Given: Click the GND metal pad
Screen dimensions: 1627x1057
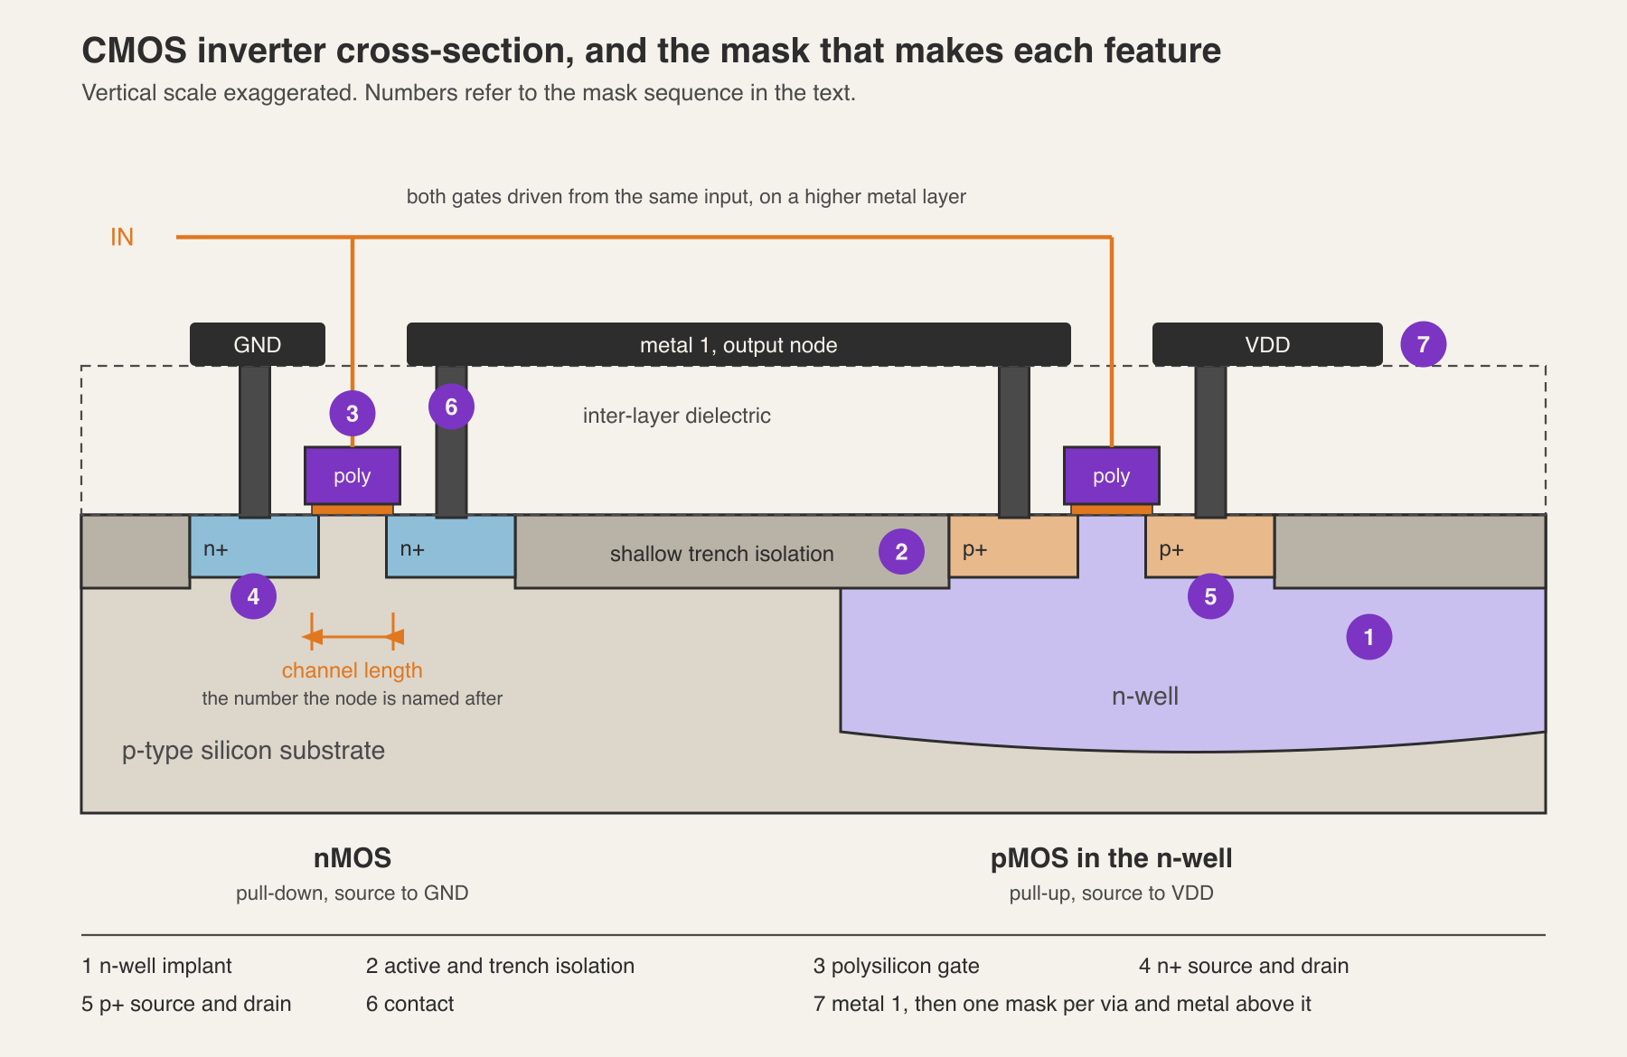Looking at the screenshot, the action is point(258,344).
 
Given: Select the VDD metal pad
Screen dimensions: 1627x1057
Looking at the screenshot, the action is point(1267,344).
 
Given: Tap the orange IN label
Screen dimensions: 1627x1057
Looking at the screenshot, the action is point(122,237).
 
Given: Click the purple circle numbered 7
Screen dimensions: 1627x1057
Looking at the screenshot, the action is point(1424,344).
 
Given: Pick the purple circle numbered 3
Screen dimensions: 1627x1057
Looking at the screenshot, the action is point(353,414).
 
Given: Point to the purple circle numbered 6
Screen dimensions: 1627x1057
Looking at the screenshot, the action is point(451,407).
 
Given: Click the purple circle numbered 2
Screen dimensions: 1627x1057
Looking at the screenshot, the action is point(901,552).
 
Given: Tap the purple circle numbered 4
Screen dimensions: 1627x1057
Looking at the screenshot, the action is point(253,596).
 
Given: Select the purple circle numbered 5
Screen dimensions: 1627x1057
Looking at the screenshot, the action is point(1210,596).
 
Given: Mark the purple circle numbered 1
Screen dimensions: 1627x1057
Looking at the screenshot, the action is point(1368,637).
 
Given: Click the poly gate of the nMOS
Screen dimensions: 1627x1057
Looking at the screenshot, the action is point(353,475).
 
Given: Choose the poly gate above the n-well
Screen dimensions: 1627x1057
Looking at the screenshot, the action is point(1112,475).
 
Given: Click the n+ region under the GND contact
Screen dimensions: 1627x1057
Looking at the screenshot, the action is point(254,547).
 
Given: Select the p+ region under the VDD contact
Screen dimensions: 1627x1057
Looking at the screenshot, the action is point(1210,547).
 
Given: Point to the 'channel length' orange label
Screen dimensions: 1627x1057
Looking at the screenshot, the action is point(353,670).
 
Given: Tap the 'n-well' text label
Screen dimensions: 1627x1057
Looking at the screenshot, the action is point(1145,696).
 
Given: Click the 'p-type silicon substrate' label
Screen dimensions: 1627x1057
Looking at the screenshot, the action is point(253,751).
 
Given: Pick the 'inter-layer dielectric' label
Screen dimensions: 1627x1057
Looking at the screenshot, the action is point(677,416).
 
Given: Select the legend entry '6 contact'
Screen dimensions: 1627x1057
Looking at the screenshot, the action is point(409,1004).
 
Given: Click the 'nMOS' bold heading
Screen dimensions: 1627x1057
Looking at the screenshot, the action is point(353,857).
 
